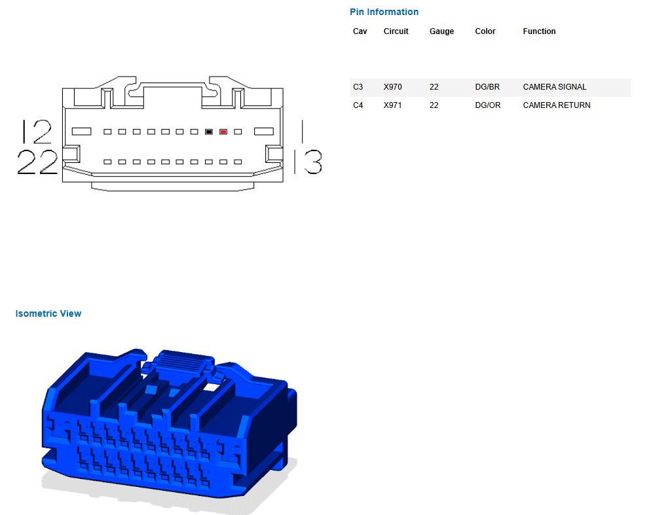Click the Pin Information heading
tap(384, 12)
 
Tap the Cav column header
tap(360, 31)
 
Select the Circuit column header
tap(396, 31)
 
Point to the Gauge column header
tap(441, 31)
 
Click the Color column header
tap(485, 31)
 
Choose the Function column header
tap(539, 31)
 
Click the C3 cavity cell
tap(358, 87)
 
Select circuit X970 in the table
tap(392, 87)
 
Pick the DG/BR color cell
tap(487, 87)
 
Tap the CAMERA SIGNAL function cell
tap(555, 87)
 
